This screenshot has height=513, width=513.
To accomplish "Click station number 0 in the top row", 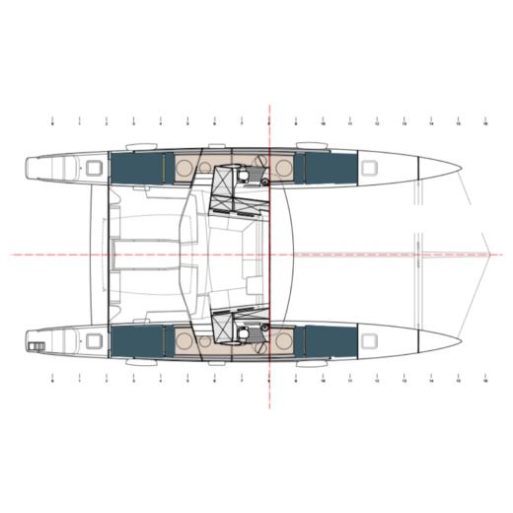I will pyautogui.click(x=51, y=125).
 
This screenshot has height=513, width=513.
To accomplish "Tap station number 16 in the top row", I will pyautogui.click(x=485, y=125).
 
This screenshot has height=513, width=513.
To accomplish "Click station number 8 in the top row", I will pyautogui.click(x=268, y=125).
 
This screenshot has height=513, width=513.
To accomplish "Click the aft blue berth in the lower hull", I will pyautogui.click(x=135, y=341).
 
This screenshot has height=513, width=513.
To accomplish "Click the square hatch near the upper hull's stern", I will pyautogui.click(x=94, y=167).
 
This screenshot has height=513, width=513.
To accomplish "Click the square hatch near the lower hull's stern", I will pyautogui.click(x=94, y=340).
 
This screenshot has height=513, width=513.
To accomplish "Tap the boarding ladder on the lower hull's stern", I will pyautogui.click(x=37, y=345).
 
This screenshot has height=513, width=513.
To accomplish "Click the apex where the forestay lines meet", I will pyautogui.click(x=493, y=254).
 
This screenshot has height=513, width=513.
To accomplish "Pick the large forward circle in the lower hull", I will pyautogui.click(x=283, y=341).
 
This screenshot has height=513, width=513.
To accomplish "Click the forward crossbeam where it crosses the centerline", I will pyautogui.click(x=418, y=254).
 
